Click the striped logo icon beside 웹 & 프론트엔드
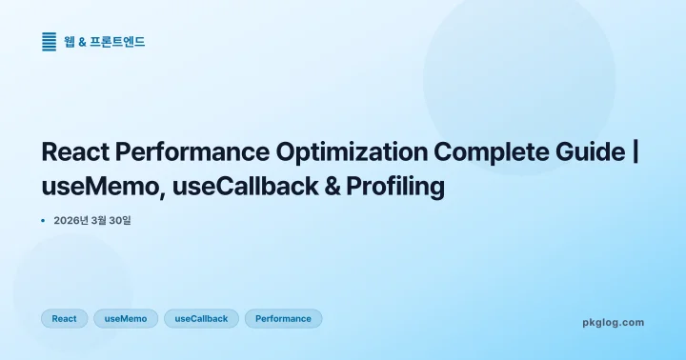click(x=50, y=41)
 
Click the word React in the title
click(x=77, y=152)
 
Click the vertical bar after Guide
click(x=636, y=152)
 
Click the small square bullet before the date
click(x=44, y=221)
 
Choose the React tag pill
click(x=64, y=318)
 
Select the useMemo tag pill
click(x=126, y=318)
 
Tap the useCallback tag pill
click(x=201, y=318)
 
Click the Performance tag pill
click(x=283, y=318)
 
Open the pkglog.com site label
click(x=613, y=322)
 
